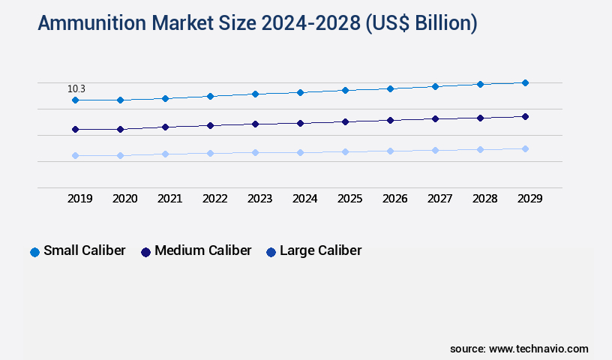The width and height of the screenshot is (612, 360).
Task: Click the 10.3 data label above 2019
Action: (77, 88)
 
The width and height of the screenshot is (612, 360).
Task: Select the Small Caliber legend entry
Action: (77, 250)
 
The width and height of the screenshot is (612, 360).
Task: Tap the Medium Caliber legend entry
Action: (196, 250)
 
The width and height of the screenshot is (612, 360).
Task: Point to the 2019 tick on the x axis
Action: (80, 199)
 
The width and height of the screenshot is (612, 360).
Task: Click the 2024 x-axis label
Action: (305, 199)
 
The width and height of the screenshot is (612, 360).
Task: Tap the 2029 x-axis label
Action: (530, 199)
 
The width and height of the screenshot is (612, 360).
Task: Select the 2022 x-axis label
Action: (215, 199)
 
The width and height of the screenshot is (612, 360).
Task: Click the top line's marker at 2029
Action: (525, 82)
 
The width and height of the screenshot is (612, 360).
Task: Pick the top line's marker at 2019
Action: (75, 100)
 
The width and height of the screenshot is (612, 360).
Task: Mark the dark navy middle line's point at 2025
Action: (345, 121)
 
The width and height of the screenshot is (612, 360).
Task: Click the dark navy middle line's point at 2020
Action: (120, 129)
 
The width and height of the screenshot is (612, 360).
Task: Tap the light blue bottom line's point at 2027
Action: (435, 150)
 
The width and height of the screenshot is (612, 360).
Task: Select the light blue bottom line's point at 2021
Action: (165, 154)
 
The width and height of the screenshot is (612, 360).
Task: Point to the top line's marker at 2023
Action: (255, 94)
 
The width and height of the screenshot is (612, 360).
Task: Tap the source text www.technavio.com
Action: (538, 349)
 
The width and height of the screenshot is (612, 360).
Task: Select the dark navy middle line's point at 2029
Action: (525, 116)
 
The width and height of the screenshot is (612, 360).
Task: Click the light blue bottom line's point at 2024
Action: (300, 152)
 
